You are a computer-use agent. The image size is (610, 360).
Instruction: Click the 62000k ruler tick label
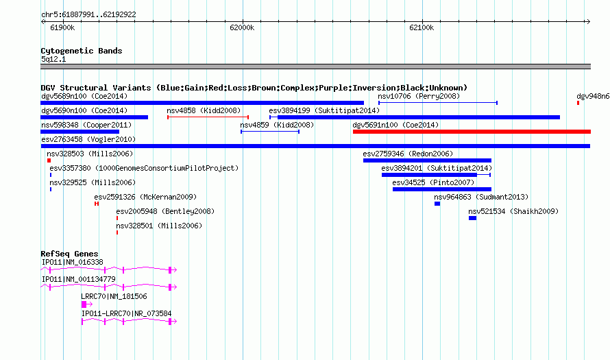[242, 27]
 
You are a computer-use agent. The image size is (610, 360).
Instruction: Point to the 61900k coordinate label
[62, 27]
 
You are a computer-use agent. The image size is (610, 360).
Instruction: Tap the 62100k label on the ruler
[422, 27]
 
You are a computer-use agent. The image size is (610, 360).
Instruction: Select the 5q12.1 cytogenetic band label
[53, 59]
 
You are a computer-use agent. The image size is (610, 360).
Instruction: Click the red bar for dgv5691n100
[472, 132]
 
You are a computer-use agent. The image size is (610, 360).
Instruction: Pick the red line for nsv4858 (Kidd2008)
[208, 117]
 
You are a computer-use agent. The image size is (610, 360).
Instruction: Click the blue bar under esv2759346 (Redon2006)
[427, 160]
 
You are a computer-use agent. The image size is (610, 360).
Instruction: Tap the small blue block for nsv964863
[437, 204]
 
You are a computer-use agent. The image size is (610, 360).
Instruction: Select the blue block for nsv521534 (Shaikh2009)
[472, 218]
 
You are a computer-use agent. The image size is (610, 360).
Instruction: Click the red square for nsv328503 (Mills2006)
[49, 160]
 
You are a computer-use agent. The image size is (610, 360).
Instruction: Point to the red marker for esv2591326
[97, 204]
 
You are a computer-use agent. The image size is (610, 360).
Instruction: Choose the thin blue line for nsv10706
[438, 103]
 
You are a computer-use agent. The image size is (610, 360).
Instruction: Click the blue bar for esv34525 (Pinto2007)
[442, 189]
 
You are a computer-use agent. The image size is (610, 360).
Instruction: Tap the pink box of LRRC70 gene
[84, 304]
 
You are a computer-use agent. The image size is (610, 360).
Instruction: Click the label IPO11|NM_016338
[73, 263]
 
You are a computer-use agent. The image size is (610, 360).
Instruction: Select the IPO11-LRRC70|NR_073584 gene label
[126, 313]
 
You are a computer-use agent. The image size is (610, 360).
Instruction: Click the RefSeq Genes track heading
[70, 254]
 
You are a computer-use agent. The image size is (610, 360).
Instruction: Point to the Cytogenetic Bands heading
[82, 51]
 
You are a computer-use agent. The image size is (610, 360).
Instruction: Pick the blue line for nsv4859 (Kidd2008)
[270, 132]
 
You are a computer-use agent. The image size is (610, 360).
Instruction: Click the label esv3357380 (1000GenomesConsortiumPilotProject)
[144, 169]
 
